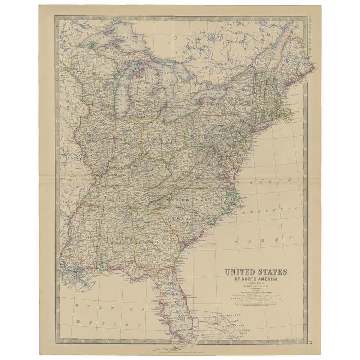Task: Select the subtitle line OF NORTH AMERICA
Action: (255, 279)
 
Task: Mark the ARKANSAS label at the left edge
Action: (64, 202)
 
